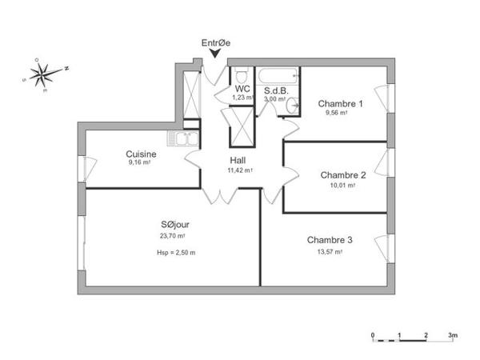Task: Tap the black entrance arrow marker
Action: coord(215,54)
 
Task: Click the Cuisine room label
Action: coord(141,154)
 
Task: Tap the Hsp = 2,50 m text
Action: coord(175,252)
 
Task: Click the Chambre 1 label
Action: coord(341,103)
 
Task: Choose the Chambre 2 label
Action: coord(342,174)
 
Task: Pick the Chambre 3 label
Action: coord(330,240)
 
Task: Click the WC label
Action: coord(242,88)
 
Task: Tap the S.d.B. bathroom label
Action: coord(277,90)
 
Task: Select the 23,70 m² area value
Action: coord(173,236)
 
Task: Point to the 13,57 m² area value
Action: coord(330,251)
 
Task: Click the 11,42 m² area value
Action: coord(240,170)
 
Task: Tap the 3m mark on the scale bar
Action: coord(452,334)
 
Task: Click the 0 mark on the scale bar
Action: coord(373,334)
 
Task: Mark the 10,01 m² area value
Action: coord(342,185)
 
